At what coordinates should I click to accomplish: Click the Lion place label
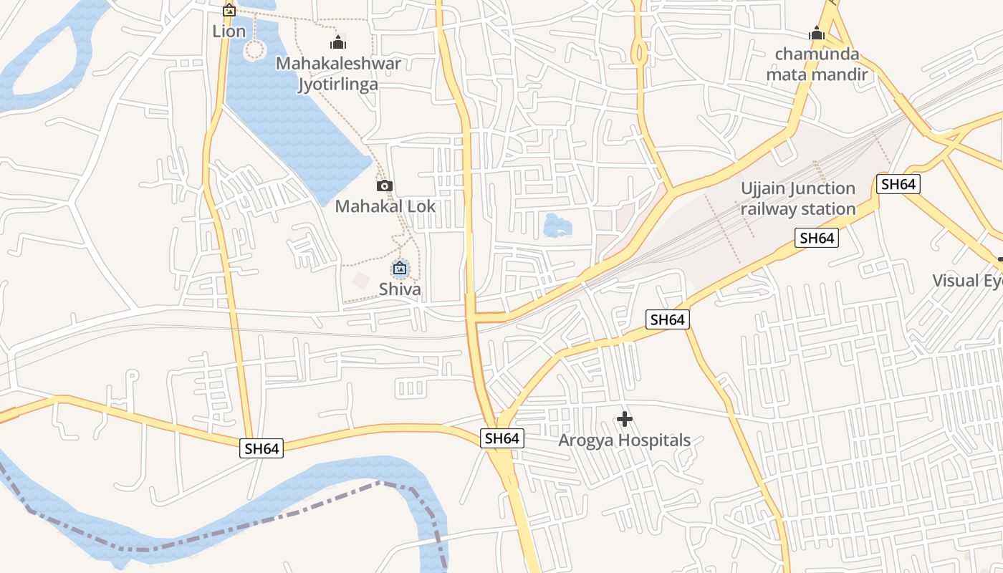pos(229,32)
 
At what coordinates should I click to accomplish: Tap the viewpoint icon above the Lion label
pos(229,10)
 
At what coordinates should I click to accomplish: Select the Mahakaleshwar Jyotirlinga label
pos(338,74)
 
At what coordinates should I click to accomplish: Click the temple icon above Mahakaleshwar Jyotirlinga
pos(338,42)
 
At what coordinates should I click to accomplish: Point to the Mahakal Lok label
pos(385,207)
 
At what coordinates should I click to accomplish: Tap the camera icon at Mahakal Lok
pos(385,186)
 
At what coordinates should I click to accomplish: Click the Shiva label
pos(400,289)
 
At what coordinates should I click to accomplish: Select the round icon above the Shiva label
pos(400,269)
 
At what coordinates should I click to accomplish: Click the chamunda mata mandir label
pos(817,64)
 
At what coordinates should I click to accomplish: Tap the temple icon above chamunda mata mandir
pos(817,33)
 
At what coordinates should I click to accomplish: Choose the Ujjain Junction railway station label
pos(798,198)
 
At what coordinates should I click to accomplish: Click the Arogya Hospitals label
pos(625,440)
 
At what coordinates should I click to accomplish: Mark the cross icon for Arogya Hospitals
pos(625,418)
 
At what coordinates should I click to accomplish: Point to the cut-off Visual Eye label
pos(967,281)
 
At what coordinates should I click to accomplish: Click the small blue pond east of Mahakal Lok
pos(557,226)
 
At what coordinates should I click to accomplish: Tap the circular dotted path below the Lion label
pos(255,49)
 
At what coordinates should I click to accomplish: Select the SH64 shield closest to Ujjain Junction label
pos(817,238)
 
